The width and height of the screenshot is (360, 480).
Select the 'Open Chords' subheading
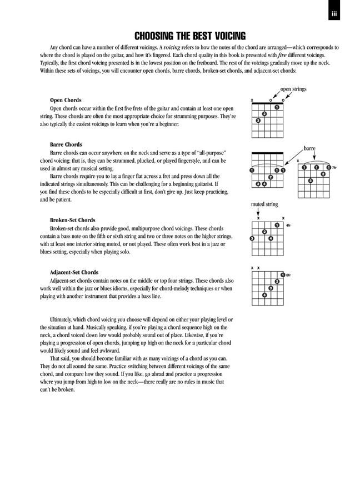pos(66,101)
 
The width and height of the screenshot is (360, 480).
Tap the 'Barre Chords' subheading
pos(66,144)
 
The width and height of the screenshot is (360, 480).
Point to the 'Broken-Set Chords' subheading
pos(72,220)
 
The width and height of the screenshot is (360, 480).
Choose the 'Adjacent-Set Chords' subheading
pos(74,272)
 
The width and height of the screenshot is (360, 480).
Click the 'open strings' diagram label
pos(293,89)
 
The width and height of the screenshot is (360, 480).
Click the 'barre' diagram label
pos(309,149)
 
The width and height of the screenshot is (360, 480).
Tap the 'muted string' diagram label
pos(264,204)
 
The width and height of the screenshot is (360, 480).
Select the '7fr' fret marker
pos(334,167)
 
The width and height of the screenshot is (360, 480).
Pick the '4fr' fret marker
pos(288,225)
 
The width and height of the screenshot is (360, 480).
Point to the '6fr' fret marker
pos(288,275)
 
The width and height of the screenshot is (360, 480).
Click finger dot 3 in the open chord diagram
pos(258,121)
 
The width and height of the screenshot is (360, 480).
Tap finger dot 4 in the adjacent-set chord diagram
pos(264,295)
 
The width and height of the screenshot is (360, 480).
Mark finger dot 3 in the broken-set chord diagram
pos(252,238)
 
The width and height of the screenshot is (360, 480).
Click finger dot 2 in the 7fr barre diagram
pos(323,174)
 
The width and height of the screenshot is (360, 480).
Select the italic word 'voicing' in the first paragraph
pos(169,48)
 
